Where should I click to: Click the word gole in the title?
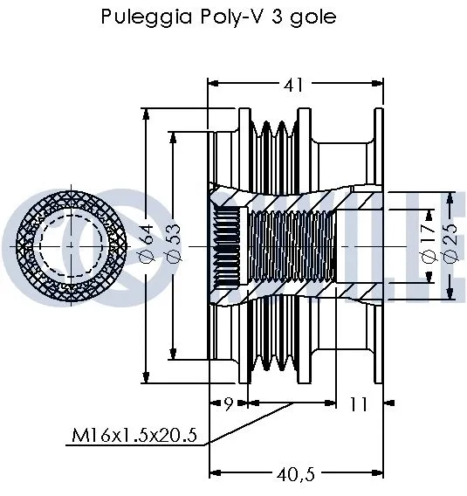tap(313, 17)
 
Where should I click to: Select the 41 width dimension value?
tap(293, 85)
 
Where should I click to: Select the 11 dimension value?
tap(359, 404)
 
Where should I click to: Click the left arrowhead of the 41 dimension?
tap(212, 85)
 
